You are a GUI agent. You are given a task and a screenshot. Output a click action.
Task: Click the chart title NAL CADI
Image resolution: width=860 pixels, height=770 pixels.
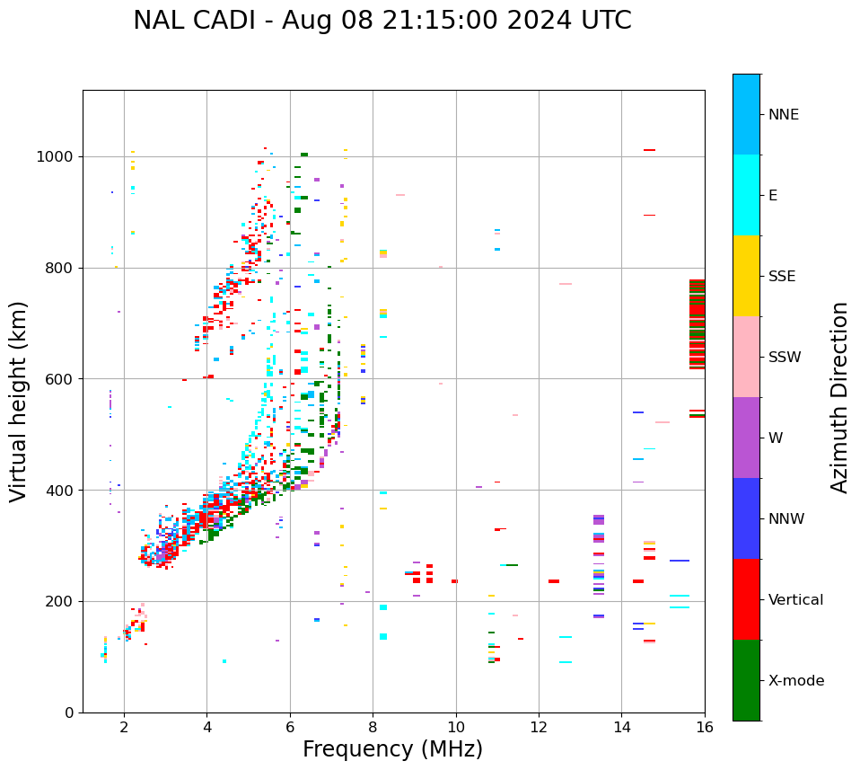(x=382, y=21)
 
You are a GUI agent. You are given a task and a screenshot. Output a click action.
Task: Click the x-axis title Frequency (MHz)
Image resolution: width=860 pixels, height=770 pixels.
(x=392, y=749)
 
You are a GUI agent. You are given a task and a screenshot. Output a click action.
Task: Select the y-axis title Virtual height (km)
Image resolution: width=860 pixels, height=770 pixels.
(x=19, y=401)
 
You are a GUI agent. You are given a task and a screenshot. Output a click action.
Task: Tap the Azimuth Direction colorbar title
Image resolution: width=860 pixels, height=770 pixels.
(x=839, y=396)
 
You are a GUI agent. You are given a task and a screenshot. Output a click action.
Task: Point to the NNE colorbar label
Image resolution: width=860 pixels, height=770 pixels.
(x=783, y=115)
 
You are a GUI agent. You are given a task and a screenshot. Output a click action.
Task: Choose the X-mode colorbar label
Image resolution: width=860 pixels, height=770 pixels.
(x=795, y=681)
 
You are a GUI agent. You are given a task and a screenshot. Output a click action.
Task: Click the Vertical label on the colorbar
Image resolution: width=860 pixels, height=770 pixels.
(x=795, y=600)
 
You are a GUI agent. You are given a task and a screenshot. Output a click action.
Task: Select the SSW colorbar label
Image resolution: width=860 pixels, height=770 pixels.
(x=785, y=358)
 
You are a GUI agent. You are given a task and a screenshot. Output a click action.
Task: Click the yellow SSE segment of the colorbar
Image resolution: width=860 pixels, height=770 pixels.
(x=746, y=275)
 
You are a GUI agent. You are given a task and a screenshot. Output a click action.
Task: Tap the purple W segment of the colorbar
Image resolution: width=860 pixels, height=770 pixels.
(x=746, y=438)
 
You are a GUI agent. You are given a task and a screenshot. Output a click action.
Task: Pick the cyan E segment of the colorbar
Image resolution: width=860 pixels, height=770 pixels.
(x=746, y=195)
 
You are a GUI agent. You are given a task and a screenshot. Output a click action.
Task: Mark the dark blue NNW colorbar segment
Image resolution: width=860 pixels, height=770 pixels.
(x=746, y=518)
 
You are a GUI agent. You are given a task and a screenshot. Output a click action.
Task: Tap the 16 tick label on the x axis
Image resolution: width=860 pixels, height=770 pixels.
(x=705, y=727)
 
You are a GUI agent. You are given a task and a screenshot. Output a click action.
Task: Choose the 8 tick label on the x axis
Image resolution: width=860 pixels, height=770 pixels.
(x=373, y=727)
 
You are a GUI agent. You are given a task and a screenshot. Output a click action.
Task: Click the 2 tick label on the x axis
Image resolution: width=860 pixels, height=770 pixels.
(x=124, y=727)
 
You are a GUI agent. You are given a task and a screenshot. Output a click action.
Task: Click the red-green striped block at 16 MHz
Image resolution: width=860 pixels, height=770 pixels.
(x=697, y=324)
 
